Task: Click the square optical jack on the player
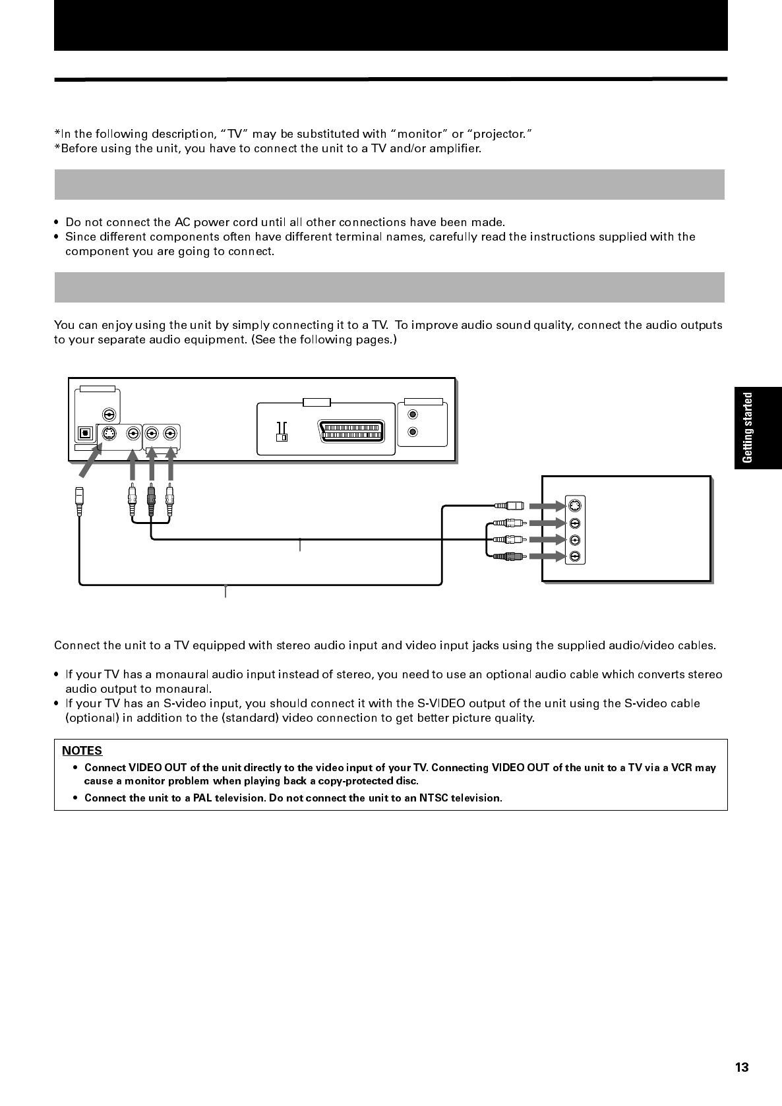pos(84,434)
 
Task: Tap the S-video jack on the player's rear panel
pos(109,434)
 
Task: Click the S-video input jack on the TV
pos(575,506)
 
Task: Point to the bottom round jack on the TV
pos(575,556)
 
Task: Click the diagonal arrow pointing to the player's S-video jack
pos(91,459)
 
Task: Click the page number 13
pos(742,1068)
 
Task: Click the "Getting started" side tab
pos(748,428)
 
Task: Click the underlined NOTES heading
pos(82,751)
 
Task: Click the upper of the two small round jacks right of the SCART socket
pos(413,415)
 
